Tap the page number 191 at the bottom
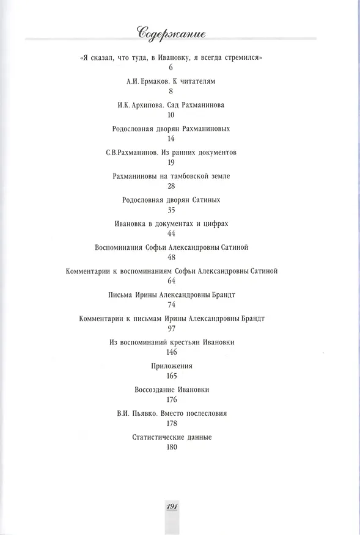tap(172, 506)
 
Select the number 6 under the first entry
tap(171, 67)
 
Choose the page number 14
tap(171, 139)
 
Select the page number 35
tap(171, 210)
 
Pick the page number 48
tap(171, 257)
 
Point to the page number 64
tap(171, 281)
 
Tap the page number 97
tap(172, 328)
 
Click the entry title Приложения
tap(172, 366)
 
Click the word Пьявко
tap(145, 413)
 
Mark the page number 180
tap(172, 447)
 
